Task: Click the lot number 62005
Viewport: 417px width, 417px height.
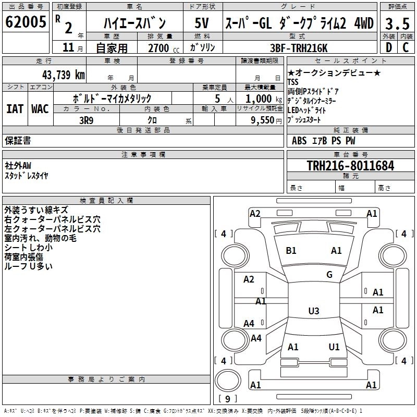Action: [26, 22]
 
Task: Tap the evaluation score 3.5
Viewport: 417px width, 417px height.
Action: [397, 23]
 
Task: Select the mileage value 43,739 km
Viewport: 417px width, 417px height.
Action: [64, 75]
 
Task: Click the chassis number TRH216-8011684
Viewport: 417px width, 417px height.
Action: [350, 166]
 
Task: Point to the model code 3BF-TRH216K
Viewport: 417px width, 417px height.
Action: [299, 48]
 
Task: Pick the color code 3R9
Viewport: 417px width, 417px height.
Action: [86, 120]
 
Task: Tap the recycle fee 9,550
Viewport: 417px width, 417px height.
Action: [263, 120]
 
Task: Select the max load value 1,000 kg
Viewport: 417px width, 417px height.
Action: [263, 99]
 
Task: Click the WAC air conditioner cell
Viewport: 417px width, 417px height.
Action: [40, 109]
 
